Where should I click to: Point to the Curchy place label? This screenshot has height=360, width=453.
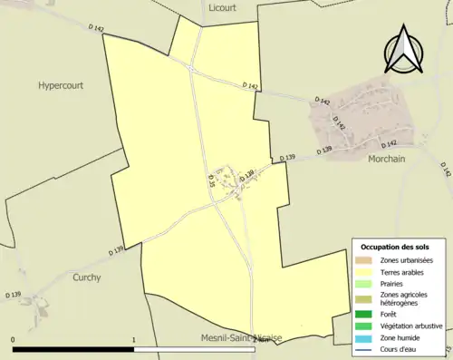pos(88,277)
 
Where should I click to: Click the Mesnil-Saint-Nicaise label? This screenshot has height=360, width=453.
pos(241,338)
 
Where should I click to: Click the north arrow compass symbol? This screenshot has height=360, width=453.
pos(404,49)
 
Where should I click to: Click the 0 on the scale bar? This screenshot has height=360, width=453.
pos(14,339)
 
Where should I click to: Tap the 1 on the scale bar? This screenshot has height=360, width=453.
pos(134,339)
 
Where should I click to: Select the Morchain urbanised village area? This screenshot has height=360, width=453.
pos(358,118)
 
